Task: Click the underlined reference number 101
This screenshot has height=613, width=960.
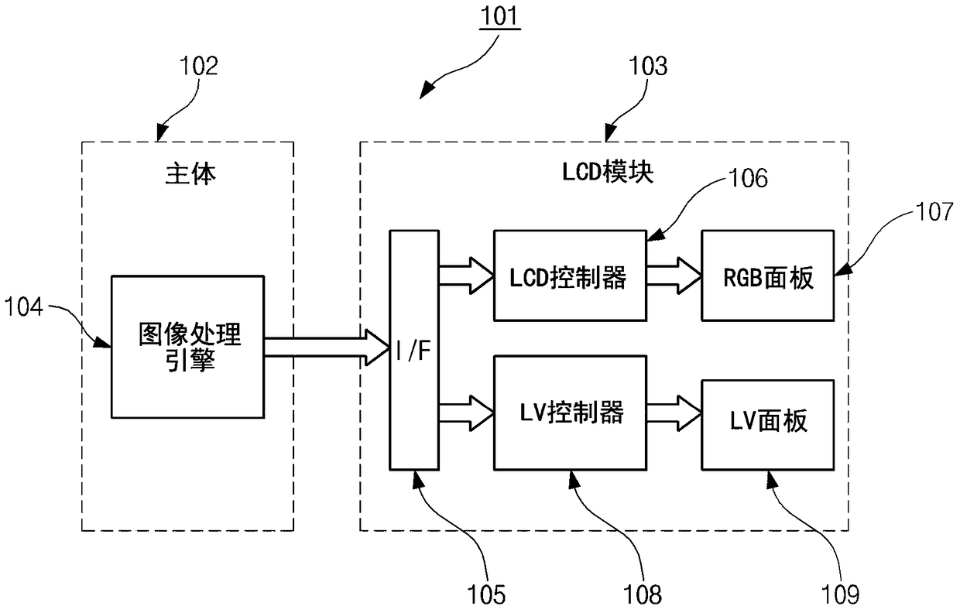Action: [499, 16]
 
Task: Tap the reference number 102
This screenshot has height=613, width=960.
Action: [198, 67]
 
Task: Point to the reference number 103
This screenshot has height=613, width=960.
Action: [647, 67]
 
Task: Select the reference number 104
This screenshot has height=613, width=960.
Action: [23, 306]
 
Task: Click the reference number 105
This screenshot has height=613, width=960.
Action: [486, 595]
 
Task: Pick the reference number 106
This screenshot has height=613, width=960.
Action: [749, 178]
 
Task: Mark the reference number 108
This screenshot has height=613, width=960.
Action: [642, 595]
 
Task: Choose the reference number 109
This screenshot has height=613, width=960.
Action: [840, 595]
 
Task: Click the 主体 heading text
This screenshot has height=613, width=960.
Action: [190, 174]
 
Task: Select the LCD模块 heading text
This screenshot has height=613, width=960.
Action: [608, 172]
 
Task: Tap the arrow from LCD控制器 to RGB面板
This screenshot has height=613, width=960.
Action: [674, 276]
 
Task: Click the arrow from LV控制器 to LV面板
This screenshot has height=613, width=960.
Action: [674, 413]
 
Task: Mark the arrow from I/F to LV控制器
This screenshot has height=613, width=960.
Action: [467, 413]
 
